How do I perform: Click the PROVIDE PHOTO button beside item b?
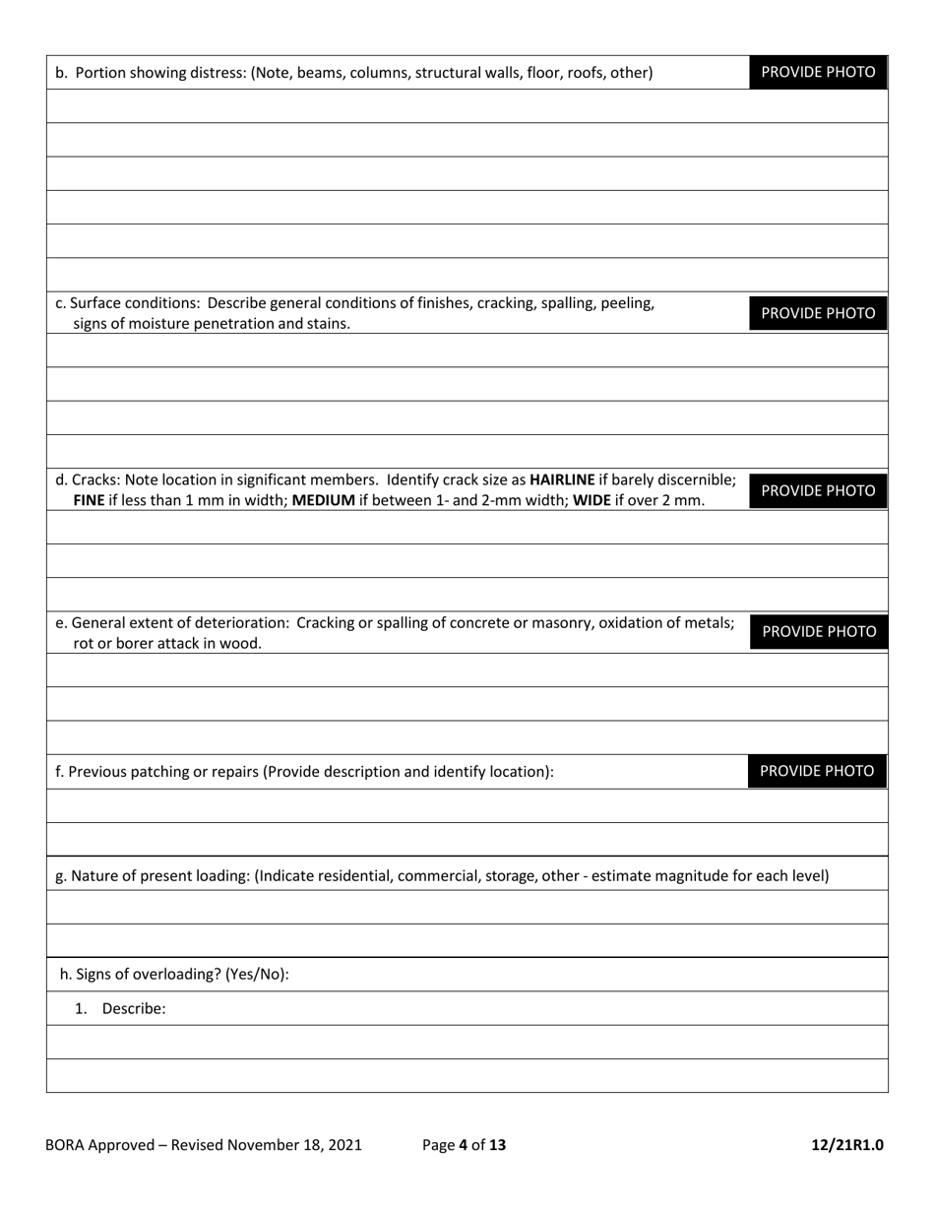pos(818,72)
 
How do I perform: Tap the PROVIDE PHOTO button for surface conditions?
pos(818,313)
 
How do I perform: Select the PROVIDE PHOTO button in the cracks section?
pos(818,490)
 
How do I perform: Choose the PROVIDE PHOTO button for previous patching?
pos(817,771)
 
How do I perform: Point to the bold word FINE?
pos(90,500)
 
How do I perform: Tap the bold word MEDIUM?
pos(324,500)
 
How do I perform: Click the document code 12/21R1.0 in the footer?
pos(847,1145)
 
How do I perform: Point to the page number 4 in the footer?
pos(463,1145)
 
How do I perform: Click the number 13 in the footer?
pos(497,1145)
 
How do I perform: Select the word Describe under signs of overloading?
pos(133,1008)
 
